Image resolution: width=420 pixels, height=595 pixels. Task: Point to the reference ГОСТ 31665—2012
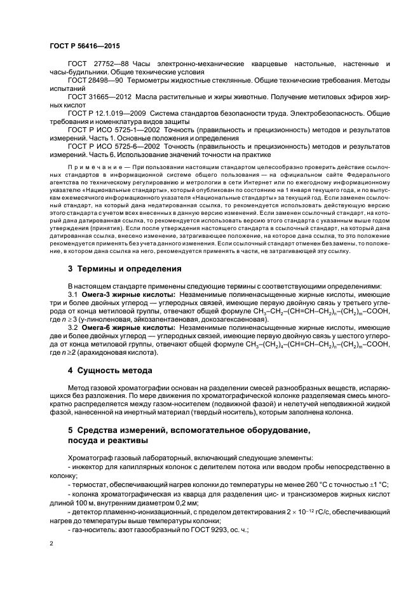point(98,96)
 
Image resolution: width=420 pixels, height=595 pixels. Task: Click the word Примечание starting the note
point(95,163)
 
